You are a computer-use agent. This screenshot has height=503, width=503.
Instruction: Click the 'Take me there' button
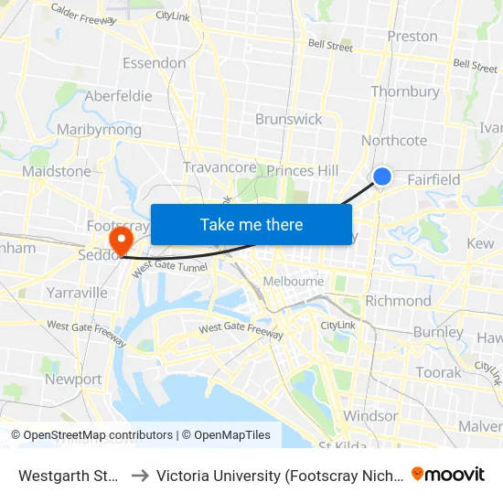click(251, 224)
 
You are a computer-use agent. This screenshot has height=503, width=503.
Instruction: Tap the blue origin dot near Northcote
click(382, 177)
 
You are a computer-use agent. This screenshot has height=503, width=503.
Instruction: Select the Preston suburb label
click(412, 37)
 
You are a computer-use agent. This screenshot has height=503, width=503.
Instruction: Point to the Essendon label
click(155, 63)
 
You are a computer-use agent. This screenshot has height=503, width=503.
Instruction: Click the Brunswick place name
click(289, 119)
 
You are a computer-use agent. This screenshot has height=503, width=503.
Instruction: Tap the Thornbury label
click(405, 91)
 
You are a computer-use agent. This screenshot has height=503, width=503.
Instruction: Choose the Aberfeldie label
click(118, 96)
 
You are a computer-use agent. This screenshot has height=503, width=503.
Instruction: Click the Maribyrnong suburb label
click(99, 130)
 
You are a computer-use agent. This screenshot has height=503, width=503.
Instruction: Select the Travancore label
click(219, 166)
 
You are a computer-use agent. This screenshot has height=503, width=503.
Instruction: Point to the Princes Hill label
click(303, 171)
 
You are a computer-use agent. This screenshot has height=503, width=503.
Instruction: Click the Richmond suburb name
click(398, 301)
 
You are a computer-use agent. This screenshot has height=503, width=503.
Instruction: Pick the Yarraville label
click(77, 293)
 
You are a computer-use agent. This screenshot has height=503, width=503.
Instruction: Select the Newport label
click(73, 379)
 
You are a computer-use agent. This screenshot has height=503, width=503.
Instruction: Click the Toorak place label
click(439, 372)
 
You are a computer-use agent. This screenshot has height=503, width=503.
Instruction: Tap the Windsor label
click(371, 416)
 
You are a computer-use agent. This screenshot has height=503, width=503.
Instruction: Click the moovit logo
click(448, 474)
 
